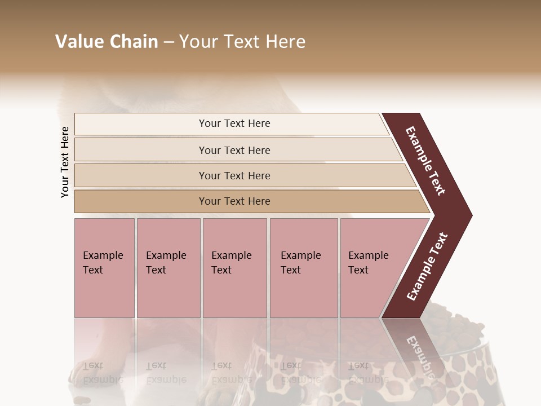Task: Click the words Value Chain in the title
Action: (107, 42)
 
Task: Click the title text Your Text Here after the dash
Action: (242, 42)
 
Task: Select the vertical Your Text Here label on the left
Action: (65, 162)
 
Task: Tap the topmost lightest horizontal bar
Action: (234, 123)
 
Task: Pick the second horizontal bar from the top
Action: (234, 150)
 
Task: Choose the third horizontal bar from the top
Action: (234, 175)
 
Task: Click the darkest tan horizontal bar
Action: (234, 201)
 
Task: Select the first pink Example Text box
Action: (104, 268)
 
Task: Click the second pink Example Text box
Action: (168, 268)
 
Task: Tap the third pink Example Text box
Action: (234, 268)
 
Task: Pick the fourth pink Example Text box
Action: (304, 268)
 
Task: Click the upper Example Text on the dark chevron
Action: (426, 161)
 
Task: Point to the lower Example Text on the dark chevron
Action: (427, 266)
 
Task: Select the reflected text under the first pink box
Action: (103, 373)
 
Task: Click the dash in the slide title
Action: (168, 42)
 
